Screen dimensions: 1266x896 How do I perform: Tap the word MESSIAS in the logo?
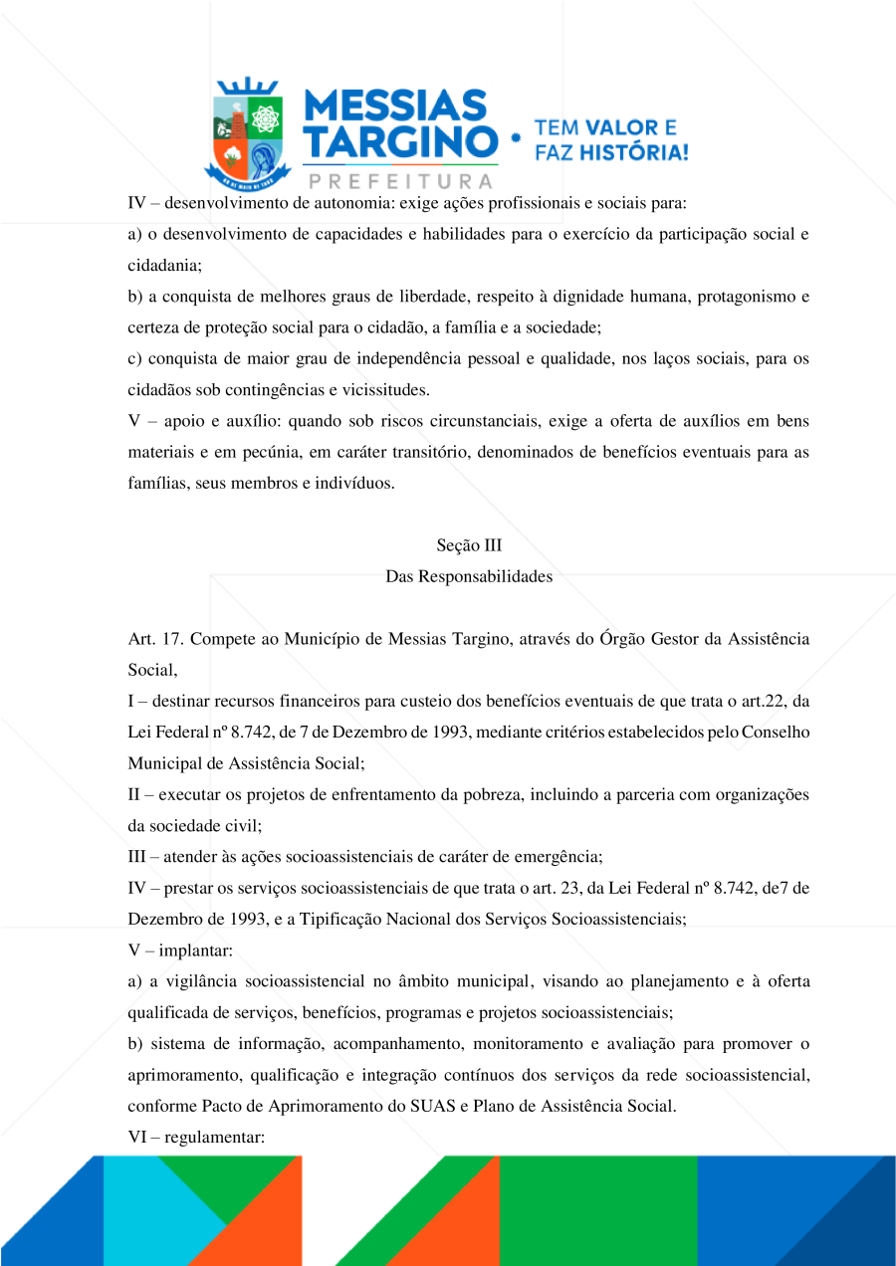click(x=394, y=105)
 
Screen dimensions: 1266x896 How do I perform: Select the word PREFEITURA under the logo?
click(x=401, y=181)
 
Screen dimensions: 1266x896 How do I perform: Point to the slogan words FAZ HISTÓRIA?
click(x=611, y=152)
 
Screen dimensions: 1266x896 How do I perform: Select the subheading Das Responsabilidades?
click(x=469, y=576)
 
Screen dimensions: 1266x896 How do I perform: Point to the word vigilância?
click(x=198, y=981)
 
